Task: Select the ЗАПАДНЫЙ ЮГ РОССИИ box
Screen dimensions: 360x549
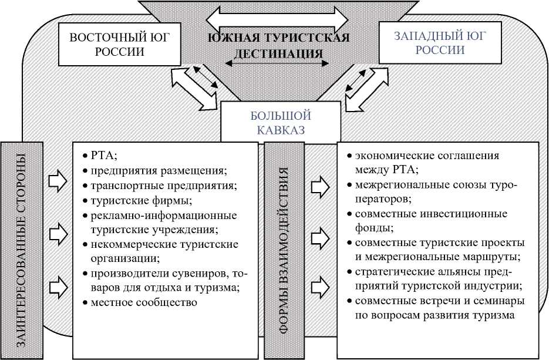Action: point(440,43)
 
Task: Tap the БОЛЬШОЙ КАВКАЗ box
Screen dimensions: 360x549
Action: point(272,123)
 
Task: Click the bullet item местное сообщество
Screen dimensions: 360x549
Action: point(143,302)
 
